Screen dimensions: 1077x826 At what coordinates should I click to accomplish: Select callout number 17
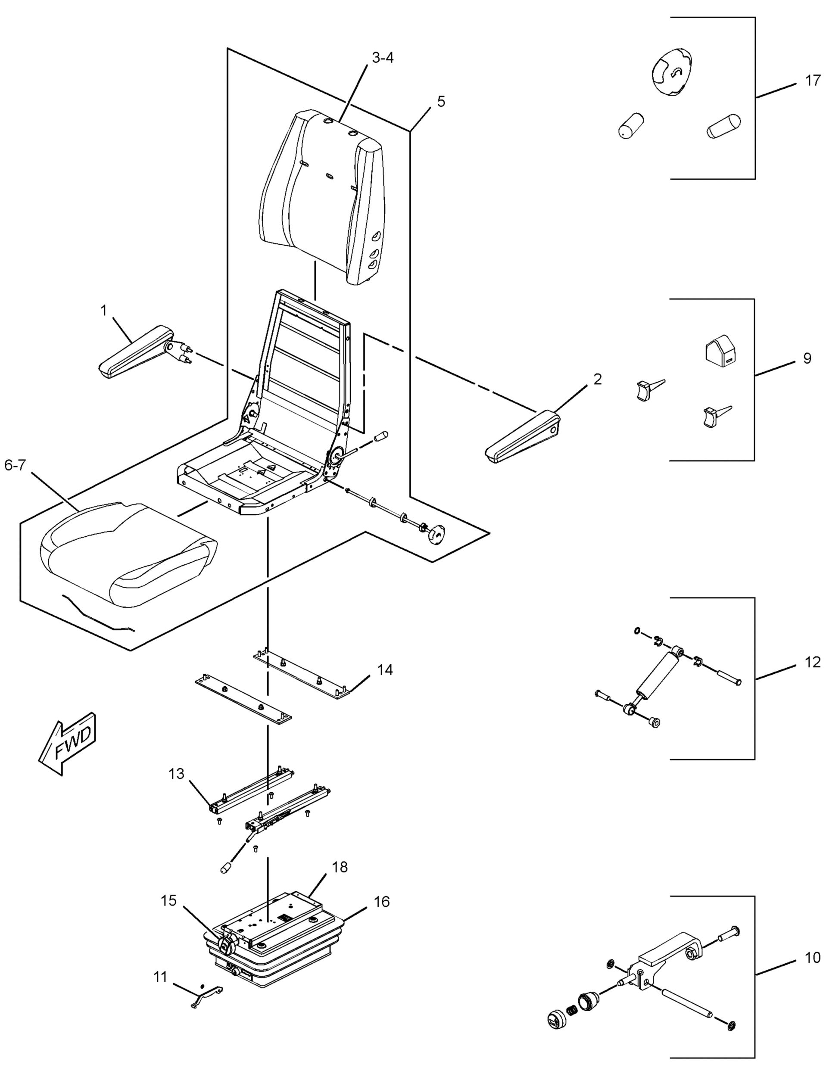click(813, 80)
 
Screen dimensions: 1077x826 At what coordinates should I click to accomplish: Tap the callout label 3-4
click(383, 58)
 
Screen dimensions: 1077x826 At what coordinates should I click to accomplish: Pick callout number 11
click(160, 977)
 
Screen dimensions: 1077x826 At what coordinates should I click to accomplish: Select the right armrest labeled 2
click(522, 435)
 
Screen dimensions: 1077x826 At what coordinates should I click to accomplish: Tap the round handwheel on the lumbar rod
click(435, 535)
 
